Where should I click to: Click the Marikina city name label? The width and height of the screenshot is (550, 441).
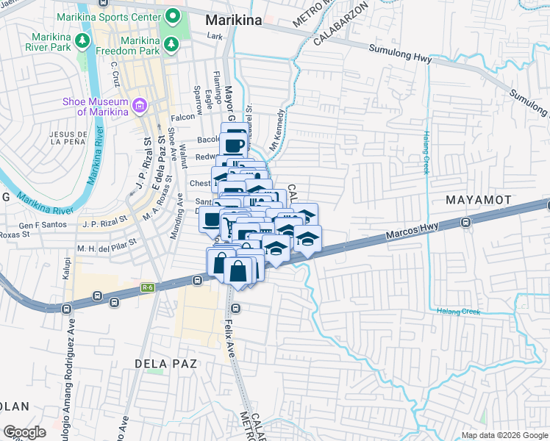tap(233, 21)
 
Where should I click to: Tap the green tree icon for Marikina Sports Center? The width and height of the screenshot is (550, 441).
tap(174, 15)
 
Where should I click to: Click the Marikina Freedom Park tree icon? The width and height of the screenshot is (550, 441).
tap(171, 46)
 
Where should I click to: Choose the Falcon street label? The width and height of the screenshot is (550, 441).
tap(183, 116)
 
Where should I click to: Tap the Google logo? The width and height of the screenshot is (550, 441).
tap(24, 431)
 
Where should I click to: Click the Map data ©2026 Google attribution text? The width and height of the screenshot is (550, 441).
tap(504, 435)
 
